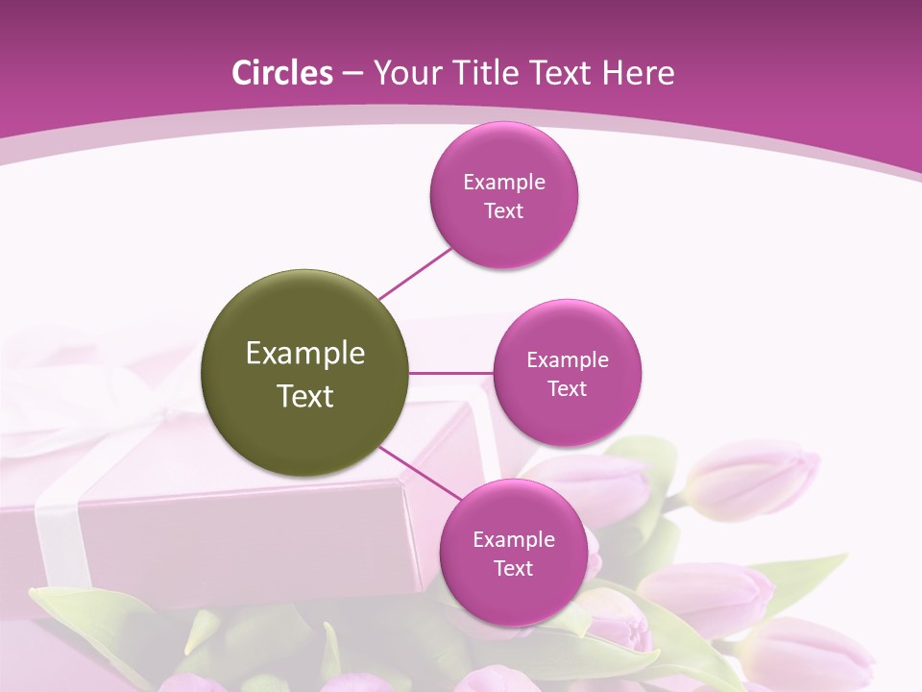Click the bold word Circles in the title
pos(283,73)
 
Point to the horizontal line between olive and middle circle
pos(451,373)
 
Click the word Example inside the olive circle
pos(305,354)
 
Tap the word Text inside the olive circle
pos(305,396)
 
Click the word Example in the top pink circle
pos(504,183)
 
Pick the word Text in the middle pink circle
pos(568,388)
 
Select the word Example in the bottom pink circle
pos(514,540)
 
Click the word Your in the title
pos(403,73)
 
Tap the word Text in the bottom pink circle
pos(514,568)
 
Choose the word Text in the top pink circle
pos(504,210)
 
